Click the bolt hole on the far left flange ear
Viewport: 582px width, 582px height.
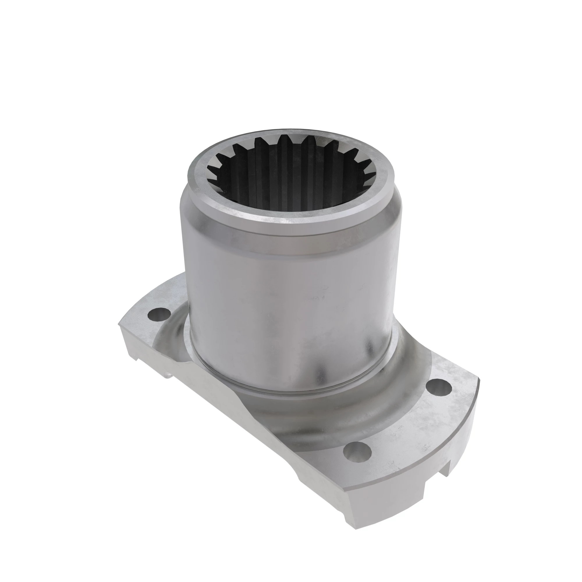click(x=159, y=315)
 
